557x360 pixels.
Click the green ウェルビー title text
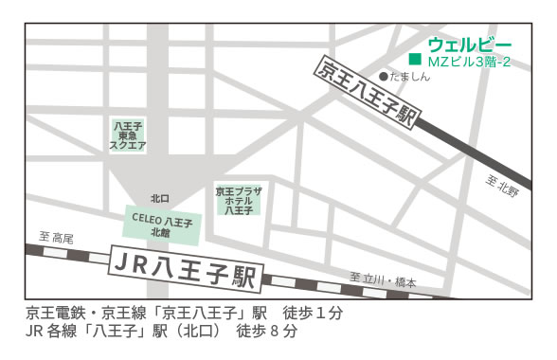click(469, 44)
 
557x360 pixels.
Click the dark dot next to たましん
click(383, 77)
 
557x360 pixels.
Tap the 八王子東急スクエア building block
click(128, 136)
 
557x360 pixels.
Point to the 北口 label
click(159, 199)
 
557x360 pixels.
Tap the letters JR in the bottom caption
click(35, 332)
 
